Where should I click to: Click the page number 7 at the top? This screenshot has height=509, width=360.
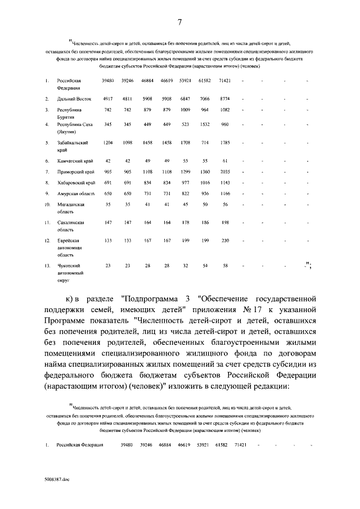point(179,22)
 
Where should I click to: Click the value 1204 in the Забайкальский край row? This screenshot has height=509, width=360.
point(108,143)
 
